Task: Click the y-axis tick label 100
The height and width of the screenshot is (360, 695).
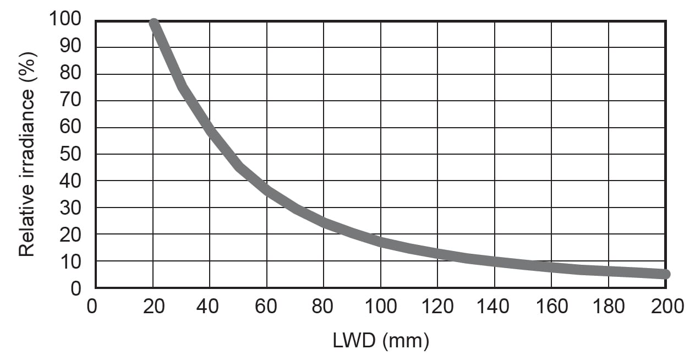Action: (65, 20)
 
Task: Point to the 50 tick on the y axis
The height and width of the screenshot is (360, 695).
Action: (71, 154)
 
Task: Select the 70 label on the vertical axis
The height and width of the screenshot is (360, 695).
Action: (71, 101)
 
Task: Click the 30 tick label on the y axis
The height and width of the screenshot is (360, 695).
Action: (71, 208)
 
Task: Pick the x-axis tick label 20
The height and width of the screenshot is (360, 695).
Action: (154, 306)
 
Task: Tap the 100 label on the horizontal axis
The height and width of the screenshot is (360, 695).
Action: (380, 306)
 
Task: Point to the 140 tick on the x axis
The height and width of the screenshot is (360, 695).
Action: (494, 306)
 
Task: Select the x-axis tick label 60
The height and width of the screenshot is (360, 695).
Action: (267, 306)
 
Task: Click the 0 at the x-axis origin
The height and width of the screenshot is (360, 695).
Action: (91, 306)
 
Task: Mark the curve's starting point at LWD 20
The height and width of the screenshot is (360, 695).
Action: (154, 24)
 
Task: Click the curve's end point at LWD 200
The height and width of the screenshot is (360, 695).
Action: (665, 274)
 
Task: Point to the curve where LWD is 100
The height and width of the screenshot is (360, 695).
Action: (381, 241)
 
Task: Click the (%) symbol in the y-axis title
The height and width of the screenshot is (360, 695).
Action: (26, 64)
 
